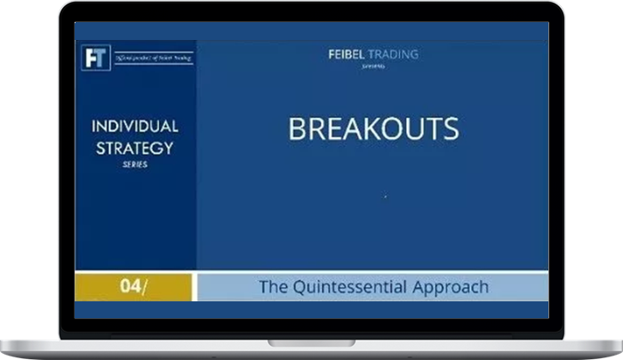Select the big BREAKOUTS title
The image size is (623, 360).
(373, 129)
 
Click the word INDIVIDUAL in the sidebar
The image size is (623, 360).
(135, 126)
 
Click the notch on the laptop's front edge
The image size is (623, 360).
(311, 343)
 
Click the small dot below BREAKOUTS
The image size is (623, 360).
(386, 196)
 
